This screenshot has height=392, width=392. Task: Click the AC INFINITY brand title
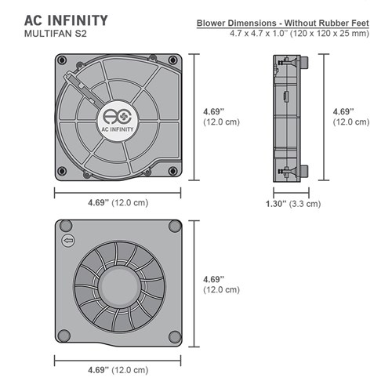tap(66, 19)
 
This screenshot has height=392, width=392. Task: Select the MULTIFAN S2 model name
tap(55, 35)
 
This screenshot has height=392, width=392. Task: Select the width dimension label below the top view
tap(117, 203)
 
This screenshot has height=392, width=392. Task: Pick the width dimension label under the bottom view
tap(117, 369)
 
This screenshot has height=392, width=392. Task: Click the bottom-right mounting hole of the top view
tap(177, 174)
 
